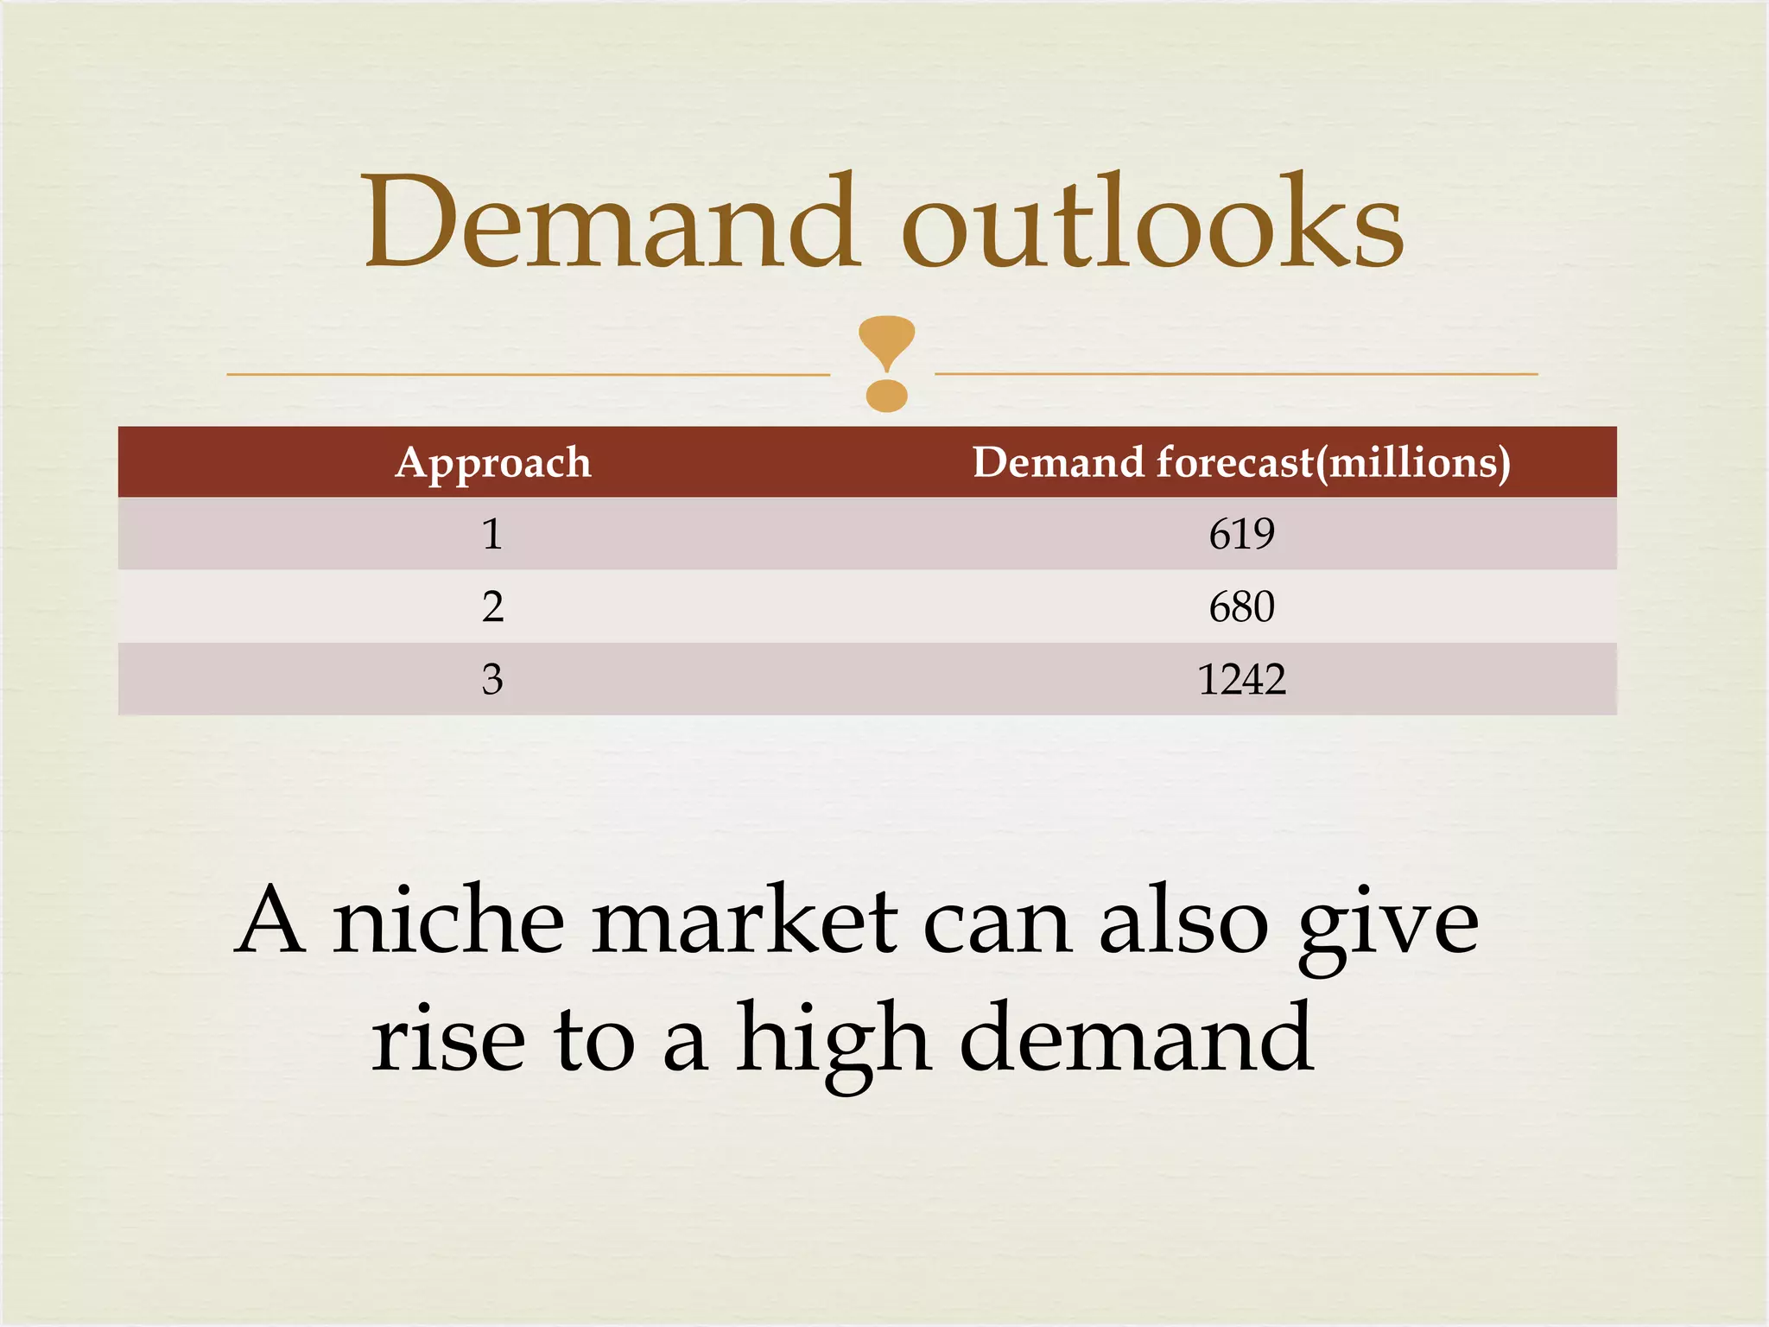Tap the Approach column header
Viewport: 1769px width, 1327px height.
(493, 463)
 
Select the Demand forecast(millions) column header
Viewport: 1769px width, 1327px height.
(1241, 463)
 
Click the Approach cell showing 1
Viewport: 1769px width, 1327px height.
(492, 534)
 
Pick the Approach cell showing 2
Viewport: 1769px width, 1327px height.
(492, 606)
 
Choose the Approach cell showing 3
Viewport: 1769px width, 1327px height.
(492, 679)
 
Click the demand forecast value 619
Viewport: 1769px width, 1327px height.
(1241, 534)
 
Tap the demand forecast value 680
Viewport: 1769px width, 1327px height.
(1241, 606)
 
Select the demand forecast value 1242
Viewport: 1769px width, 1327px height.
(1241, 679)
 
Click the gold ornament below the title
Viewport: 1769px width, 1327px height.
(886, 363)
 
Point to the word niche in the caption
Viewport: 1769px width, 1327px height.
(449, 923)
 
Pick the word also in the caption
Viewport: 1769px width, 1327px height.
(1183, 923)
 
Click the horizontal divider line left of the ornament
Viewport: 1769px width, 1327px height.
(528, 375)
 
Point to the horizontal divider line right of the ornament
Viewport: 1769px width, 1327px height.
(1236, 374)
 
